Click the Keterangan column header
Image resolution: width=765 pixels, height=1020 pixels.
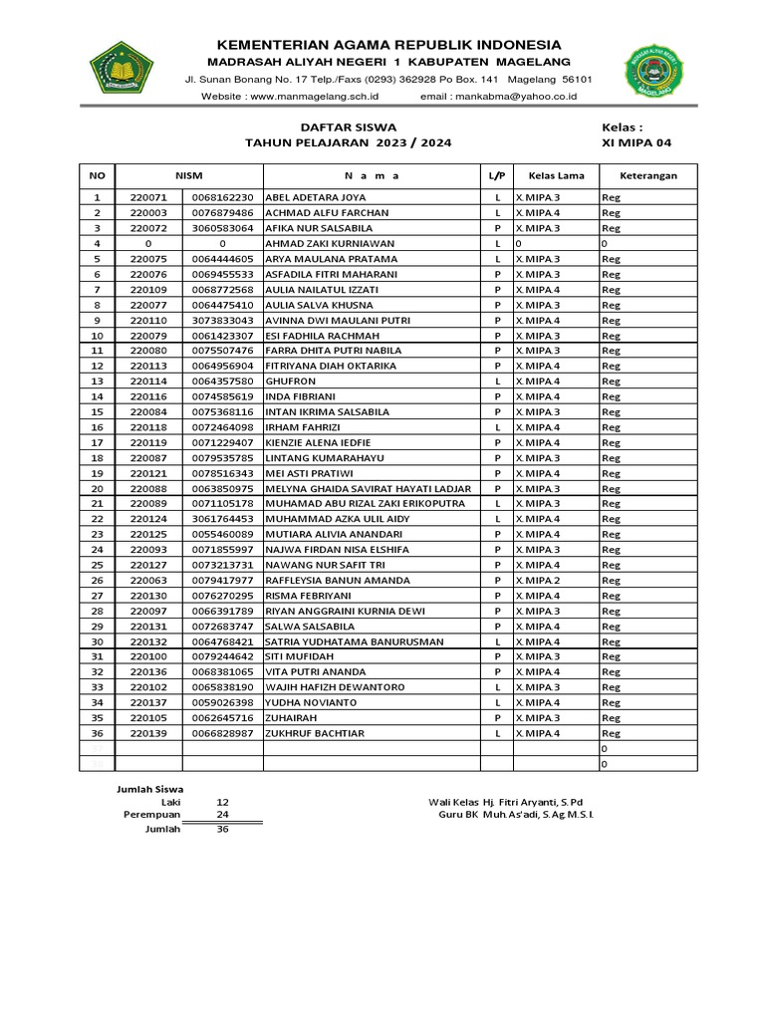coord(647,175)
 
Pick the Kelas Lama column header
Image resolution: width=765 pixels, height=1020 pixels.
coord(556,175)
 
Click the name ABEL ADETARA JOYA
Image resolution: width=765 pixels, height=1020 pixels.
coord(316,197)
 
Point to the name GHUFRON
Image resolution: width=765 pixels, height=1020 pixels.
coord(291,382)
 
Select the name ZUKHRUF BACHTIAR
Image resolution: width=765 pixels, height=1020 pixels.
coord(315,733)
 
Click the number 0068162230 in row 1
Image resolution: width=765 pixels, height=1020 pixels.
coord(223,197)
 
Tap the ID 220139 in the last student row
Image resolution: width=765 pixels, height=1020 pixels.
coord(148,733)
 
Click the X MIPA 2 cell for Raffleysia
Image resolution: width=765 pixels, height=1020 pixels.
coord(538,580)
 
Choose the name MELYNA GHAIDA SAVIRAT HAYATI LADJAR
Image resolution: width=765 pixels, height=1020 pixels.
coord(370,488)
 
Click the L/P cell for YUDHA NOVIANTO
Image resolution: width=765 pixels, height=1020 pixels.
coord(496,702)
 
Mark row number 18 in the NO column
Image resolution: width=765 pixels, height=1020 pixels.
coord(98,458)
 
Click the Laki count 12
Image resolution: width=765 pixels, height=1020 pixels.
coord(222,801)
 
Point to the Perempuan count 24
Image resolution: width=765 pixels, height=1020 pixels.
coord(222,814)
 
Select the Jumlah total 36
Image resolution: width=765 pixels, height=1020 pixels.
coord(222,829)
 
